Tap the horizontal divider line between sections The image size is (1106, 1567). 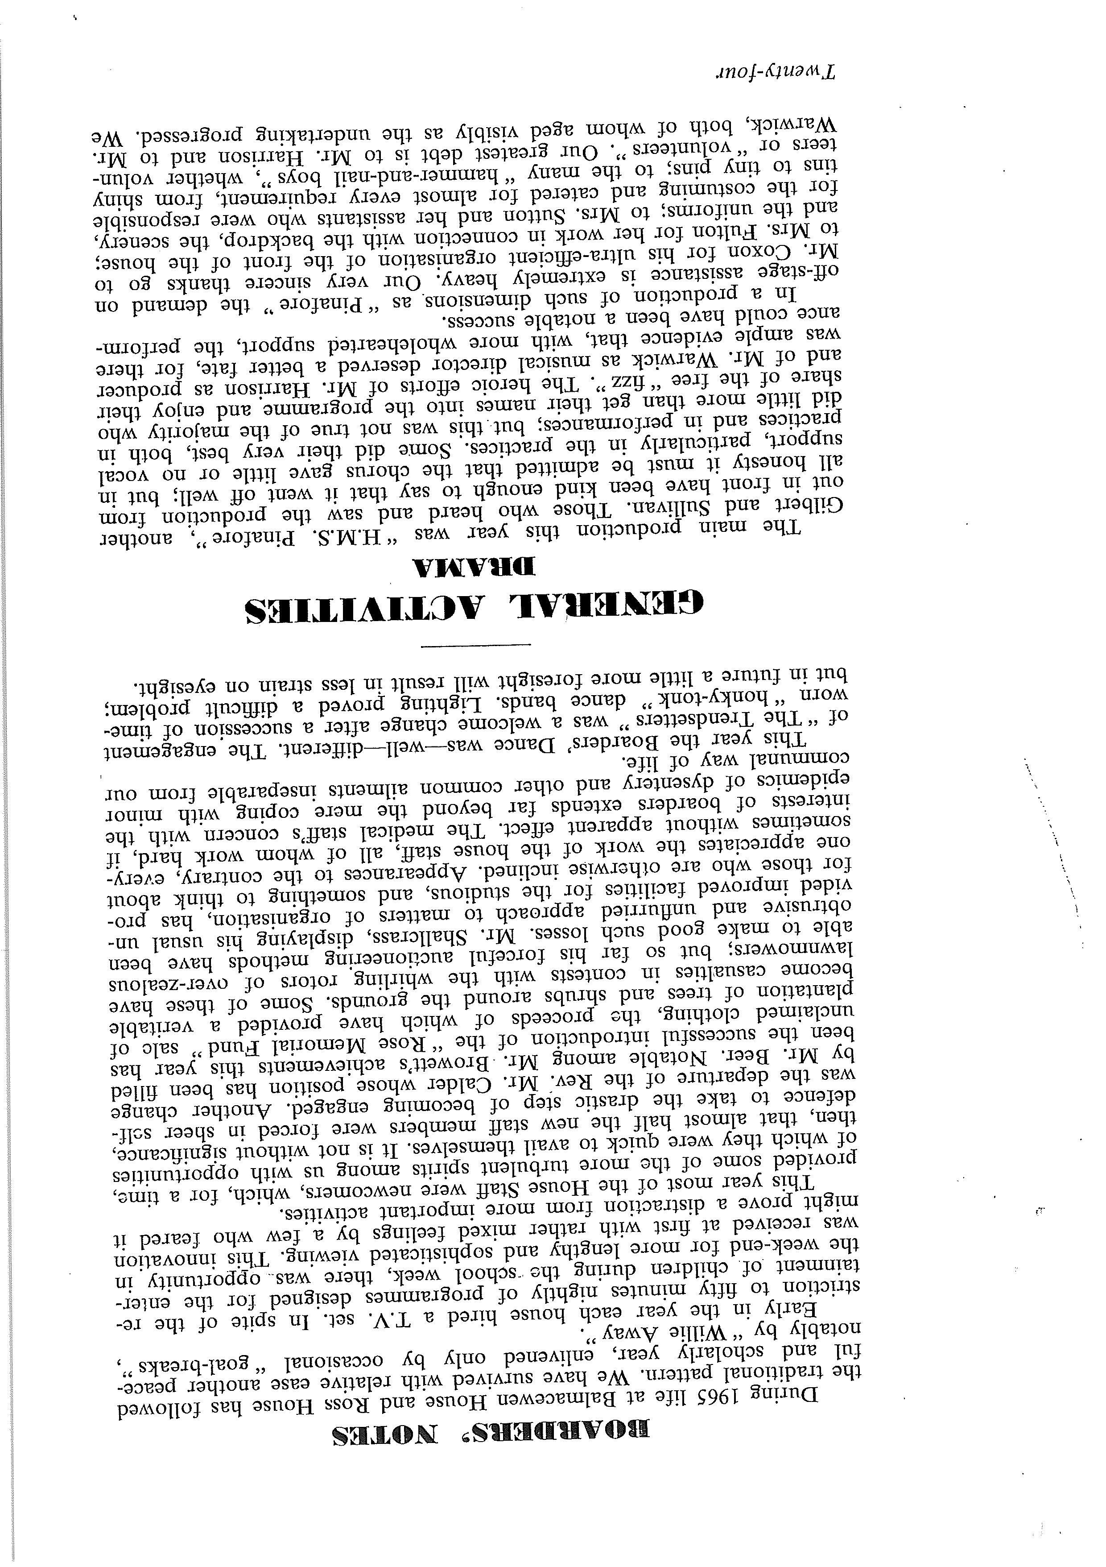[475, 644]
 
